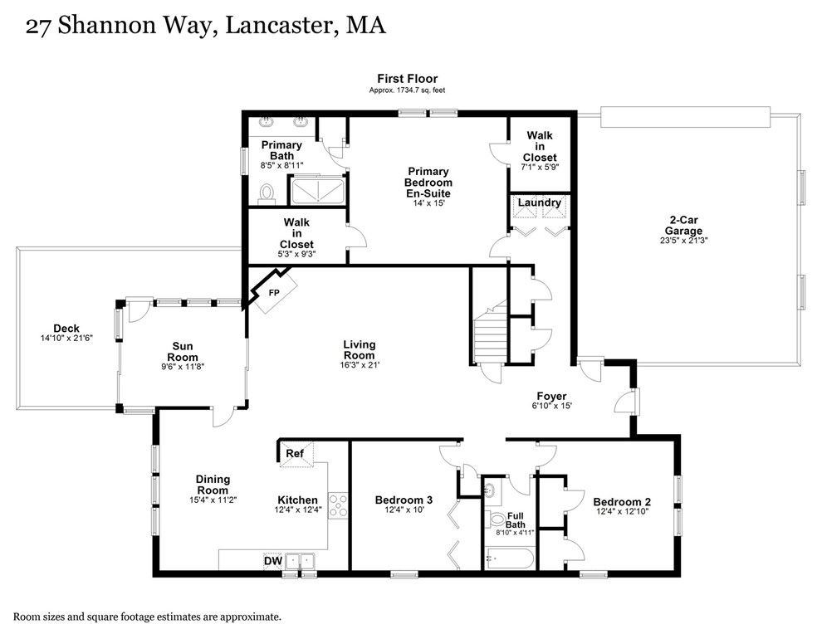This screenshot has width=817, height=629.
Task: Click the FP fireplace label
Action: (x=274, y=293)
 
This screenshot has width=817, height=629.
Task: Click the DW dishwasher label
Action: (x=272, y=562)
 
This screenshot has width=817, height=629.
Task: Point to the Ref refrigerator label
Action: (x=295, y=454)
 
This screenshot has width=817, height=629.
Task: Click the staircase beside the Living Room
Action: (x=488, y=335)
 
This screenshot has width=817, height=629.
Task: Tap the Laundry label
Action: (x=540, y=202)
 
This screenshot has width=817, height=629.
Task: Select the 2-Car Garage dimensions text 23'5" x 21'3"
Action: (x=686, y=241)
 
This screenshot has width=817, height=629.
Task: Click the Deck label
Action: (x=66, y=329)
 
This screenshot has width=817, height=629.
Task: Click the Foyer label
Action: (x=551, y=396)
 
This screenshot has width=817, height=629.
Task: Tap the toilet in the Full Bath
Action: (x=497, y=520)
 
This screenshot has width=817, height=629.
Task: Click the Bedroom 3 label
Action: (x=404, y=500)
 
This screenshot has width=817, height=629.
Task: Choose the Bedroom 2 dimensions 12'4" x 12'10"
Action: (x=622, y=513)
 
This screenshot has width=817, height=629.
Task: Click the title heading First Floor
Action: (x=407, y=79)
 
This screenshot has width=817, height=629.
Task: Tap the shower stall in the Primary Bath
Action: (x=316, y=191)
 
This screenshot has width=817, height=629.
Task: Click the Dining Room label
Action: (x=213, y=485)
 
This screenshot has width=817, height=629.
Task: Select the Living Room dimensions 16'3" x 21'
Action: (x=359, y=365)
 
